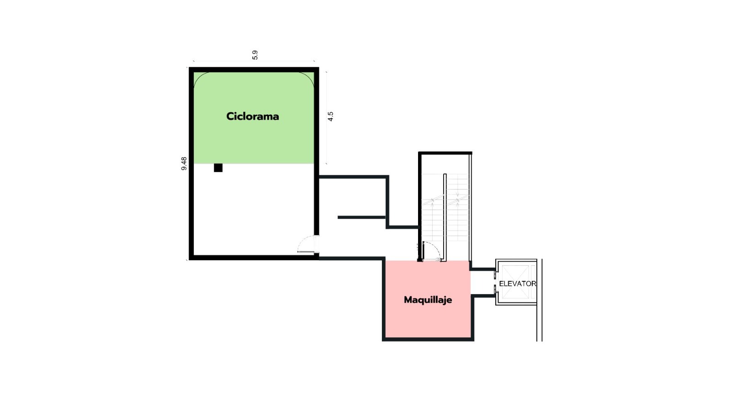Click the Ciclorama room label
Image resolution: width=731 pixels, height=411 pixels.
pyautogui.click(x=253, y=116)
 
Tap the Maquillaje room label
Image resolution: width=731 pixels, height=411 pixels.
pyautogui.click(x=428, y=300)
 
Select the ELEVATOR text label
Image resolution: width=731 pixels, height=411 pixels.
pyautogui.click(x=518, y=284)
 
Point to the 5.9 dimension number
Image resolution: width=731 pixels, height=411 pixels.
pyautogui.click(x=255, y=55)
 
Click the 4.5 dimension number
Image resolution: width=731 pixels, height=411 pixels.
pyautogui.click(x=330, y=116)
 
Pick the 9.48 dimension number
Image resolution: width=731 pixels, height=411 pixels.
pyautogui.click(x=184, y=163)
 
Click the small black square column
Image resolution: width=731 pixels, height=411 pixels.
pyautogui.click(x=218, y=168)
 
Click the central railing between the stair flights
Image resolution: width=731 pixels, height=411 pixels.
pyautogui.click(x=445, y=217)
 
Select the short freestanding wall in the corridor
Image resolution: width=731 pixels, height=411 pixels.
pyautogui.click(x=361, y=217)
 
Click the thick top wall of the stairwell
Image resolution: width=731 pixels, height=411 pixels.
pyautogui.click(x=445, y=153)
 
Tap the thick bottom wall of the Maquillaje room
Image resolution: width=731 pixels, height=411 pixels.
pyautogui.click(x=428, y=340)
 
